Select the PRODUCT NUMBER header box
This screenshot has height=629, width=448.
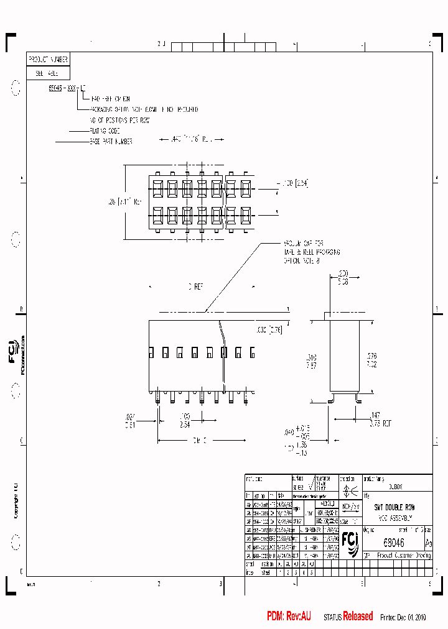coord(48,59)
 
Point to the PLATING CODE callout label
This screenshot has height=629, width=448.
coord(105,131)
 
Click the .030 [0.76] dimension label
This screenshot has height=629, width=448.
coord(269,330)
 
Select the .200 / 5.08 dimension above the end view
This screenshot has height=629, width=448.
coord(342,277)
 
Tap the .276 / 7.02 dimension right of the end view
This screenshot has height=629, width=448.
coord(371,360)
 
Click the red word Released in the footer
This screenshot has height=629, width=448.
coord(358,616)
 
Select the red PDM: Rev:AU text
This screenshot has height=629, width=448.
coord(289,616)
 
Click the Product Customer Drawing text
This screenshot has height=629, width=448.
coord(402,556)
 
